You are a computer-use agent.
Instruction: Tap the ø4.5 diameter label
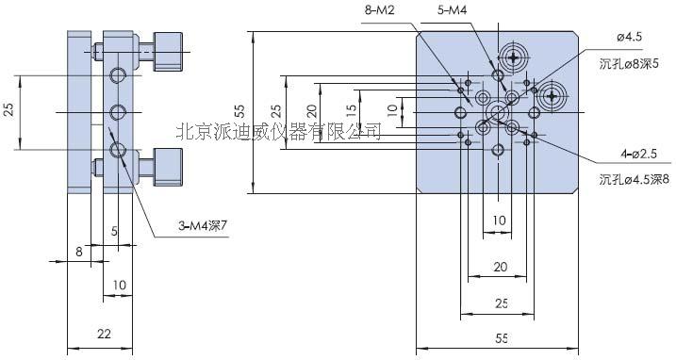pyautogui.click(x=602, y=37)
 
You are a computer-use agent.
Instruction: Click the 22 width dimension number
pyautogui.click(x=106, y=334)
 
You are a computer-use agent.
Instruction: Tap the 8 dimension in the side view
pyautogui.click(x=80, y=252)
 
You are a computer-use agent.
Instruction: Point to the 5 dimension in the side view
pyautogui.click(x=114, y=229)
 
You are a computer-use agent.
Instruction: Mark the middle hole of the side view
pyautogui.click(x=118, y=112)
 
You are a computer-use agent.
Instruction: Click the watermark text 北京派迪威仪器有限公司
pyautogui.click(x=279, y=132)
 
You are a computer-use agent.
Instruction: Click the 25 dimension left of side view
pyautogui.click(x=8, y=110)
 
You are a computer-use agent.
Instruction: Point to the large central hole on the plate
pyautogui.click(x=496, y=113)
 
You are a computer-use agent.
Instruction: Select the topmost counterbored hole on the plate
pyautogui.click(x=514, y=57)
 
